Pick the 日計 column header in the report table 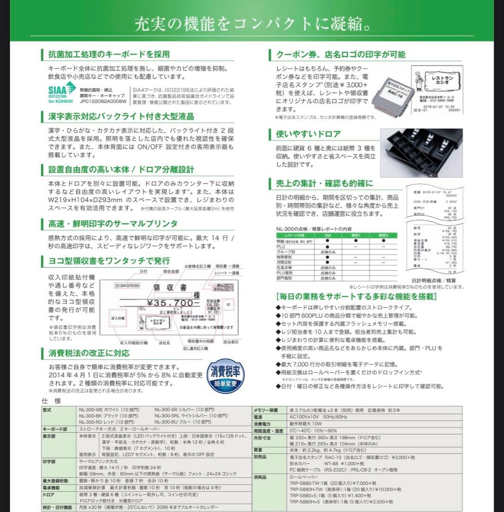328,235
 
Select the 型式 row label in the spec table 47,409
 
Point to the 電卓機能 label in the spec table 51,487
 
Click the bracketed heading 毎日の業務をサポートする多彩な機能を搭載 356,297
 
